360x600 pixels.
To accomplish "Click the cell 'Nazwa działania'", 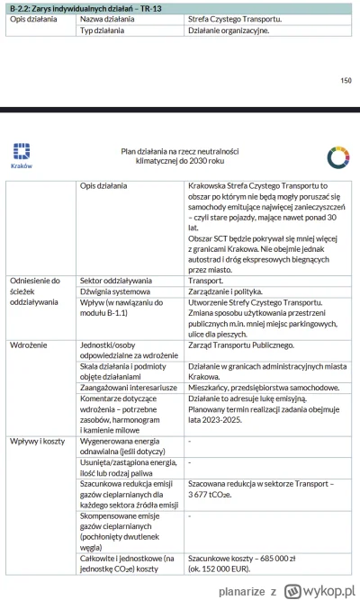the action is pos(105,18).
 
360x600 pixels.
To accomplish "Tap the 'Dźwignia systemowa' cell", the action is pos(111,292).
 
